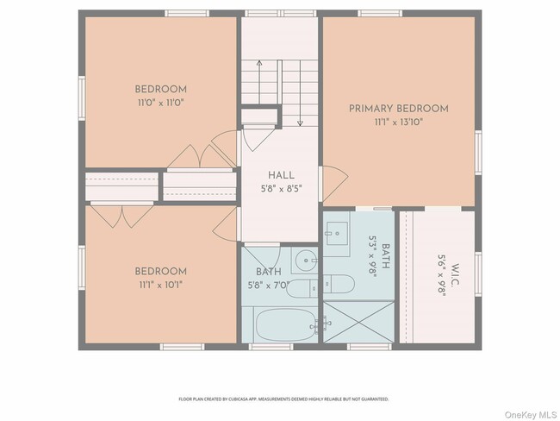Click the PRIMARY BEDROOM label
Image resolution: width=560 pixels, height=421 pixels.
click(x=398, y=108)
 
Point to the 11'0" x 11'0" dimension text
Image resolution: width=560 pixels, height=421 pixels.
click(x=160, y=102)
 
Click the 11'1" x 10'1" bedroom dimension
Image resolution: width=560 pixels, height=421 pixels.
click(x=160, y=284)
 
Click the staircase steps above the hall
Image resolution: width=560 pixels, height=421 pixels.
click(x=269, y=82)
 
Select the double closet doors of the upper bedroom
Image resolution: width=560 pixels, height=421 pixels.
click(x=199, y=156)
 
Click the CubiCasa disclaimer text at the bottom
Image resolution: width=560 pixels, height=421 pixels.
click(x=283, y=399)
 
